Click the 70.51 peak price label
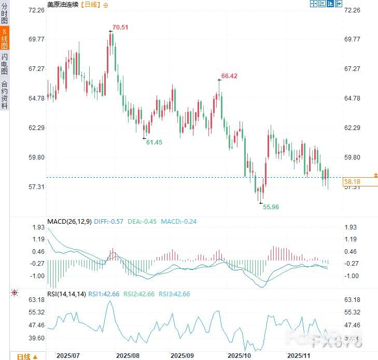pos(120,27)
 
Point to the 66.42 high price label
pos(229,76)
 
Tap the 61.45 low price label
pos(154,142)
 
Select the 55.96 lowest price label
pos(271,207)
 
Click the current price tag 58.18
pos(352,182)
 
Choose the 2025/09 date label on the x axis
pos(181,356)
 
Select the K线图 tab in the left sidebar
pos(5,39)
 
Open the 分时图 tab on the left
pos(5,13)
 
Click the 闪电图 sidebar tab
pos(5,64)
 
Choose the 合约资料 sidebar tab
pos(5,94)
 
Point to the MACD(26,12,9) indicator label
pos(69,222)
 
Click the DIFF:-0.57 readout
pos(109,222)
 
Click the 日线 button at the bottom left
pos(26,356)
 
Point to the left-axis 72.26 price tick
pos(37,10)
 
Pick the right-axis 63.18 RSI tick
pos(352,300)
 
